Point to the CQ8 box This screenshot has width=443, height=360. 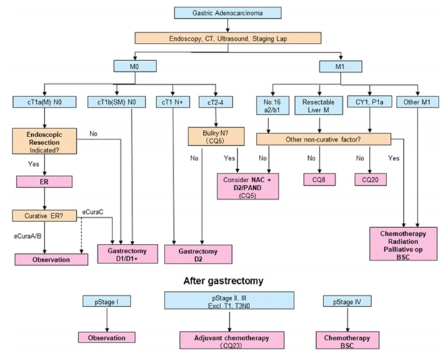318,178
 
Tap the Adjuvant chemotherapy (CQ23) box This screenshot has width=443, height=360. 222,341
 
